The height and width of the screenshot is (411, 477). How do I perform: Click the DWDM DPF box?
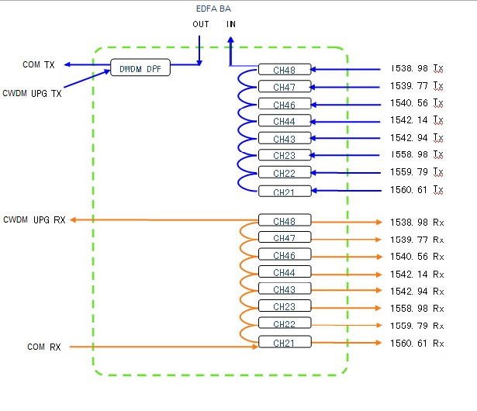coord(140,69)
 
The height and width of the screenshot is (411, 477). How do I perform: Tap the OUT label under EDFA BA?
coord(201,24)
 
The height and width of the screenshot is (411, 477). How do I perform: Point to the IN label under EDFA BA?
coord(231,24)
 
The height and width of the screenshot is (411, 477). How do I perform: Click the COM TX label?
coord(38,64)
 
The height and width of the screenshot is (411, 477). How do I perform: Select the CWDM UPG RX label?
coord(34,220)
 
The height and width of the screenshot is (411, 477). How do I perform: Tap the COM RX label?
coord(43,347)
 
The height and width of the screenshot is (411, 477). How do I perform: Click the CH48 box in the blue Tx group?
coord(285,70)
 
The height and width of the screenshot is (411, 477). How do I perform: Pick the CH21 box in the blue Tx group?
coord(285,192)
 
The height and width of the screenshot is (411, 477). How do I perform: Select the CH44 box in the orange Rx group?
coord(285,272)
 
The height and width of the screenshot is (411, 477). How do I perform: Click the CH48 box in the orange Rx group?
coord(285,220)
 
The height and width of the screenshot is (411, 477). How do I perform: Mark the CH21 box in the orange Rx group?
coord(285,342)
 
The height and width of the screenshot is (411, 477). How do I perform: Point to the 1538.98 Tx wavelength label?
coord(417,68)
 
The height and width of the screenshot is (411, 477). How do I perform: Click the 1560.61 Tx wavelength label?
coord(417,189)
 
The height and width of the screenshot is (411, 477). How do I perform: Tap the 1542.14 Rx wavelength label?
coord(417,273)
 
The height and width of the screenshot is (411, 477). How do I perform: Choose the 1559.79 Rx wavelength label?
coord(417,326)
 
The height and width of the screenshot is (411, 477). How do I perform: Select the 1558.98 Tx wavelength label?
coord(417,154)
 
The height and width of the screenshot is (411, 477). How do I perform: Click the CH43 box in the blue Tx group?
coord(285,139)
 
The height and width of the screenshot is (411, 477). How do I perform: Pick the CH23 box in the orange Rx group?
coord(285,306)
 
